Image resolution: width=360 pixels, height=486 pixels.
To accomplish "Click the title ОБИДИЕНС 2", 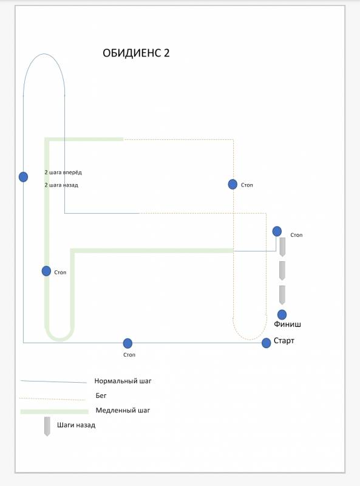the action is pos(136,53).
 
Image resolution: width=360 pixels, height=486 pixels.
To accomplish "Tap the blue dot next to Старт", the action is pos(266,343).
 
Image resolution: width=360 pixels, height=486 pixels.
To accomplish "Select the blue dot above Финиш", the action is pos(282,315).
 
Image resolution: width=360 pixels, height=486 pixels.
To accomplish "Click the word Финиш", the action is pos(287,324).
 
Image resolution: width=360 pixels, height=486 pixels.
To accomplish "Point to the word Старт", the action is pos(284,341).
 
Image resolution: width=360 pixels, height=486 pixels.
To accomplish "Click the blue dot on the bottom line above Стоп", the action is pos(127,343).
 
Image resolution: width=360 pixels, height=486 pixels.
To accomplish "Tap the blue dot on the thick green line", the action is pos(47,271).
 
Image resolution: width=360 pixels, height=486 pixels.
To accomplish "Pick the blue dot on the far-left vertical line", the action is pos(23,177).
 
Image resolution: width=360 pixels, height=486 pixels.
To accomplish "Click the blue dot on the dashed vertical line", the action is pos(233,185).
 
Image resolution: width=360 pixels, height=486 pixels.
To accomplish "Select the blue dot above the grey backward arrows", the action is pos(277,231).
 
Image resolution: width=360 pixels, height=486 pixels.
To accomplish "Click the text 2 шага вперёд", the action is pos(63,173).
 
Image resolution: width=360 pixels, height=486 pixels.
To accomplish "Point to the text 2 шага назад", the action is pos(61,185).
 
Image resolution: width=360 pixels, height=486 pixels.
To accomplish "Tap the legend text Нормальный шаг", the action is pos(123,381).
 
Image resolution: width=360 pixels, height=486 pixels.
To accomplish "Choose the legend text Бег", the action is pos(101,395).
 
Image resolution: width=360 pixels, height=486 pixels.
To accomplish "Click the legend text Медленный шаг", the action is pos(123,410).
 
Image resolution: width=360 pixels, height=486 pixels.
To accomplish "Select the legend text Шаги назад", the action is pos(76,425).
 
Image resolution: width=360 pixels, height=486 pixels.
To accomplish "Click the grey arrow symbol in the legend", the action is pos(47,426).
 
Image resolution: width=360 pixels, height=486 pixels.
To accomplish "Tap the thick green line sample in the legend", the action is pos(55,412).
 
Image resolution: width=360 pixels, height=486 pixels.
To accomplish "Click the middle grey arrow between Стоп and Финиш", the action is pos(282,270).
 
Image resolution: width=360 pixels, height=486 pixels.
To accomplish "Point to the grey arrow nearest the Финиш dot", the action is pos(282,295).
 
